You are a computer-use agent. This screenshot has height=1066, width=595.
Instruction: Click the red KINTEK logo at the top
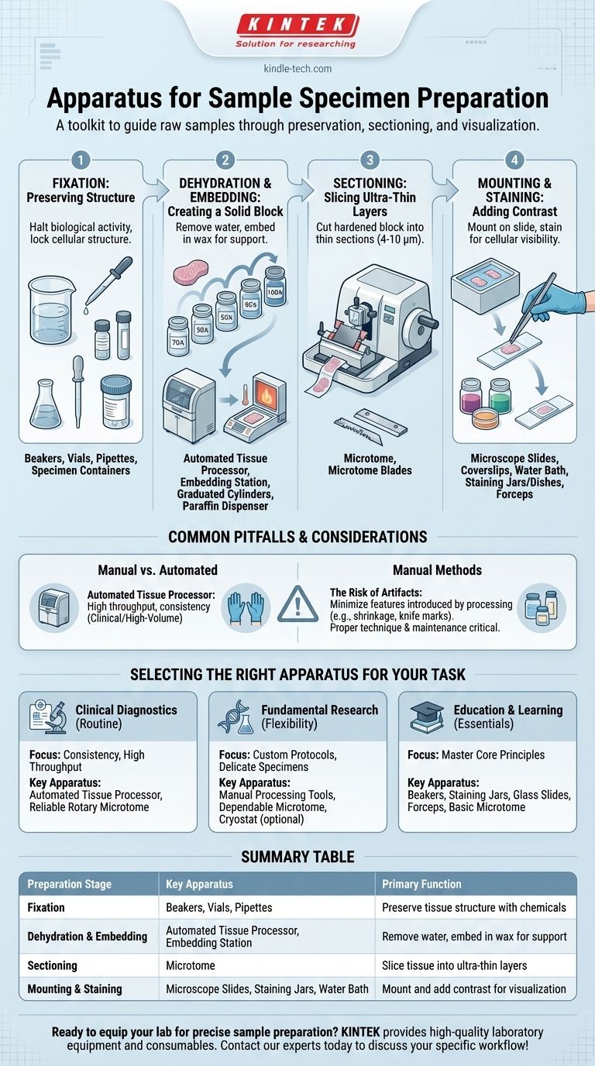pos(297,24)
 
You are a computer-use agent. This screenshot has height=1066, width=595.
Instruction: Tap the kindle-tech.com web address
pos(297,68)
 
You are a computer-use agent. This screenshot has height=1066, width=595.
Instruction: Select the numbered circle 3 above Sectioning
pos(370,160)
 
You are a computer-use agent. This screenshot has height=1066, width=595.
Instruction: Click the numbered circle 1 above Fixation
pos(81,160)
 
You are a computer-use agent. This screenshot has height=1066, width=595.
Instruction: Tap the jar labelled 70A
pos(178,336)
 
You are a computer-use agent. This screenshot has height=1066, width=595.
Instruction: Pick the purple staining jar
pos(471,395)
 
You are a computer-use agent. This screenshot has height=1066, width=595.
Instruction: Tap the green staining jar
pos(500,395)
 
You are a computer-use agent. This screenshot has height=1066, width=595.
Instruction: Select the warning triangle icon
pos(298,604)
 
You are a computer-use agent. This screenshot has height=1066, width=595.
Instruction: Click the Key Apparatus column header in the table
pos(199,884)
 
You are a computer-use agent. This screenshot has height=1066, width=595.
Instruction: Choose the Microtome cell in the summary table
pos(191,965)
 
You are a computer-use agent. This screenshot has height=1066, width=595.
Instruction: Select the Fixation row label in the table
pos(46,907)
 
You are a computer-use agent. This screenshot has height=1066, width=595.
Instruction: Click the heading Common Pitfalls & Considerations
pos(297,537)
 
